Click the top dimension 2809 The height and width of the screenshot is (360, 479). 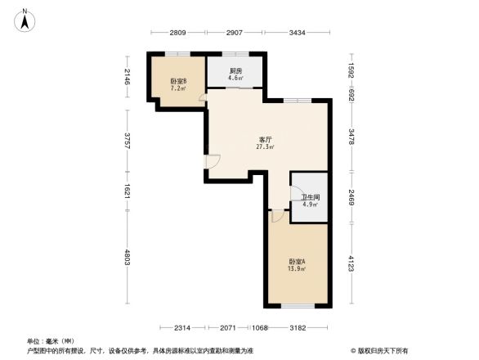tap(178, 32)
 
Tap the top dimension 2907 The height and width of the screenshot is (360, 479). tap(235, 32)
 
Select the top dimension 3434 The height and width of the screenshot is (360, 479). tap(297, 32)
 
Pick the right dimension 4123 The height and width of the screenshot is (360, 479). tap(351, 264)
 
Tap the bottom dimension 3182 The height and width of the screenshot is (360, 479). tap(297, 327)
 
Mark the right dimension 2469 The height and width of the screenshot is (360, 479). tap(351, 197)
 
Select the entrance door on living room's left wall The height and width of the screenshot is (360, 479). tap(211, 161)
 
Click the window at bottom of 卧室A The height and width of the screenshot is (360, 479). tap(297, 305)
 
